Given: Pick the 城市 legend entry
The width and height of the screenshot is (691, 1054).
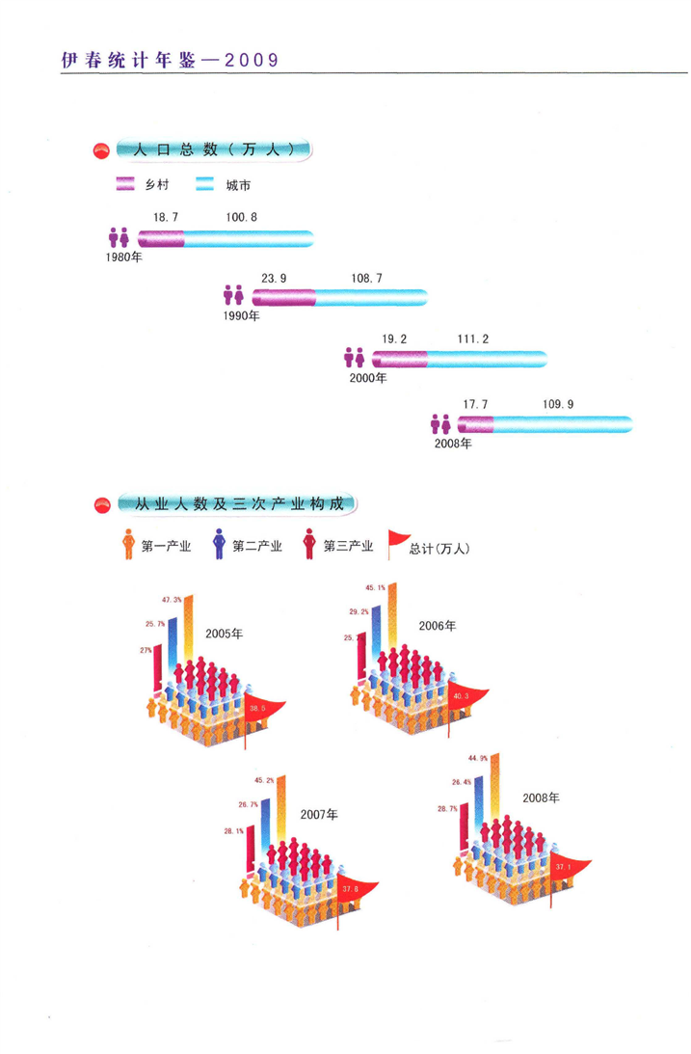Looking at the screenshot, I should pyautogui.click(x=237, y=184).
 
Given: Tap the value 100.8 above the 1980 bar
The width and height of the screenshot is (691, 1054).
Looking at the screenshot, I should pyautogui.click(x=242, y=217).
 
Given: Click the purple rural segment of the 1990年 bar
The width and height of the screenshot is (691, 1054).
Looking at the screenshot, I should pyautogui.click(x=284, y=298).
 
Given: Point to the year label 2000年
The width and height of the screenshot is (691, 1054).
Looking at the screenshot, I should pyautogui.click(x=367, y=378).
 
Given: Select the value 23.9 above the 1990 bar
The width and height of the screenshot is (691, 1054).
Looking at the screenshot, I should pyautogui.click(x=274, y=278).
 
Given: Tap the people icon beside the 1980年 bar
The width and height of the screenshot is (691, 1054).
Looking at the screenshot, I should pyautogui.click(x=119, y=236).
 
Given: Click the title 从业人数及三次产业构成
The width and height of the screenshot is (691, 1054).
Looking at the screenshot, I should pyautogui.click(x=235, y=503).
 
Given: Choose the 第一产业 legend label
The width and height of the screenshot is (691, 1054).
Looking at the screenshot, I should pyautogui.click(x=166, y=547).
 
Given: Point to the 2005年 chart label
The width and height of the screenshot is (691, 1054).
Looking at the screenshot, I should pyautogui.click(x=225, y=634).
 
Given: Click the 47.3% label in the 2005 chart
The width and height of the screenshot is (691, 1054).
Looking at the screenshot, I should pyautogui.click(x=172, y=600).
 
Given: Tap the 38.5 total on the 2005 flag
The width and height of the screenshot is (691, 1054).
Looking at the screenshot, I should pyautogui.click(x=256, y=709).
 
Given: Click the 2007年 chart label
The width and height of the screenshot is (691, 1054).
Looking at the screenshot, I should pyautogui.click(x=318, y=814).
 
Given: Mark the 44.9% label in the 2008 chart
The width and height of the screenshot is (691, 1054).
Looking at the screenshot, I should pyautogui.click(x=477, y=759).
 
